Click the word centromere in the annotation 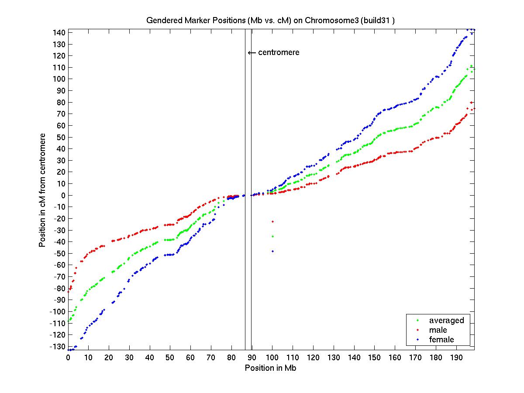pos(279,52)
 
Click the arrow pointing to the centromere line pos(252,53)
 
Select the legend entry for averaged pos(446,321)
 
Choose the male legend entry pos(438,330)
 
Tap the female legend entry pos(441,340)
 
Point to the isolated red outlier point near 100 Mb pos(272,221)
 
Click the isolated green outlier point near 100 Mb pos(272,236)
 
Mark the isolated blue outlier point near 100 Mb pos(272,251)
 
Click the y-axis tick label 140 pos(60,33)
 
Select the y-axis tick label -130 pos(59,347)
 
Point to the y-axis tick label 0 pos(63,196)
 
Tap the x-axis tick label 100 pos(272,358)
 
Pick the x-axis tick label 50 pos(170,358)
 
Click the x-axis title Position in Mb pos(271,368)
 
